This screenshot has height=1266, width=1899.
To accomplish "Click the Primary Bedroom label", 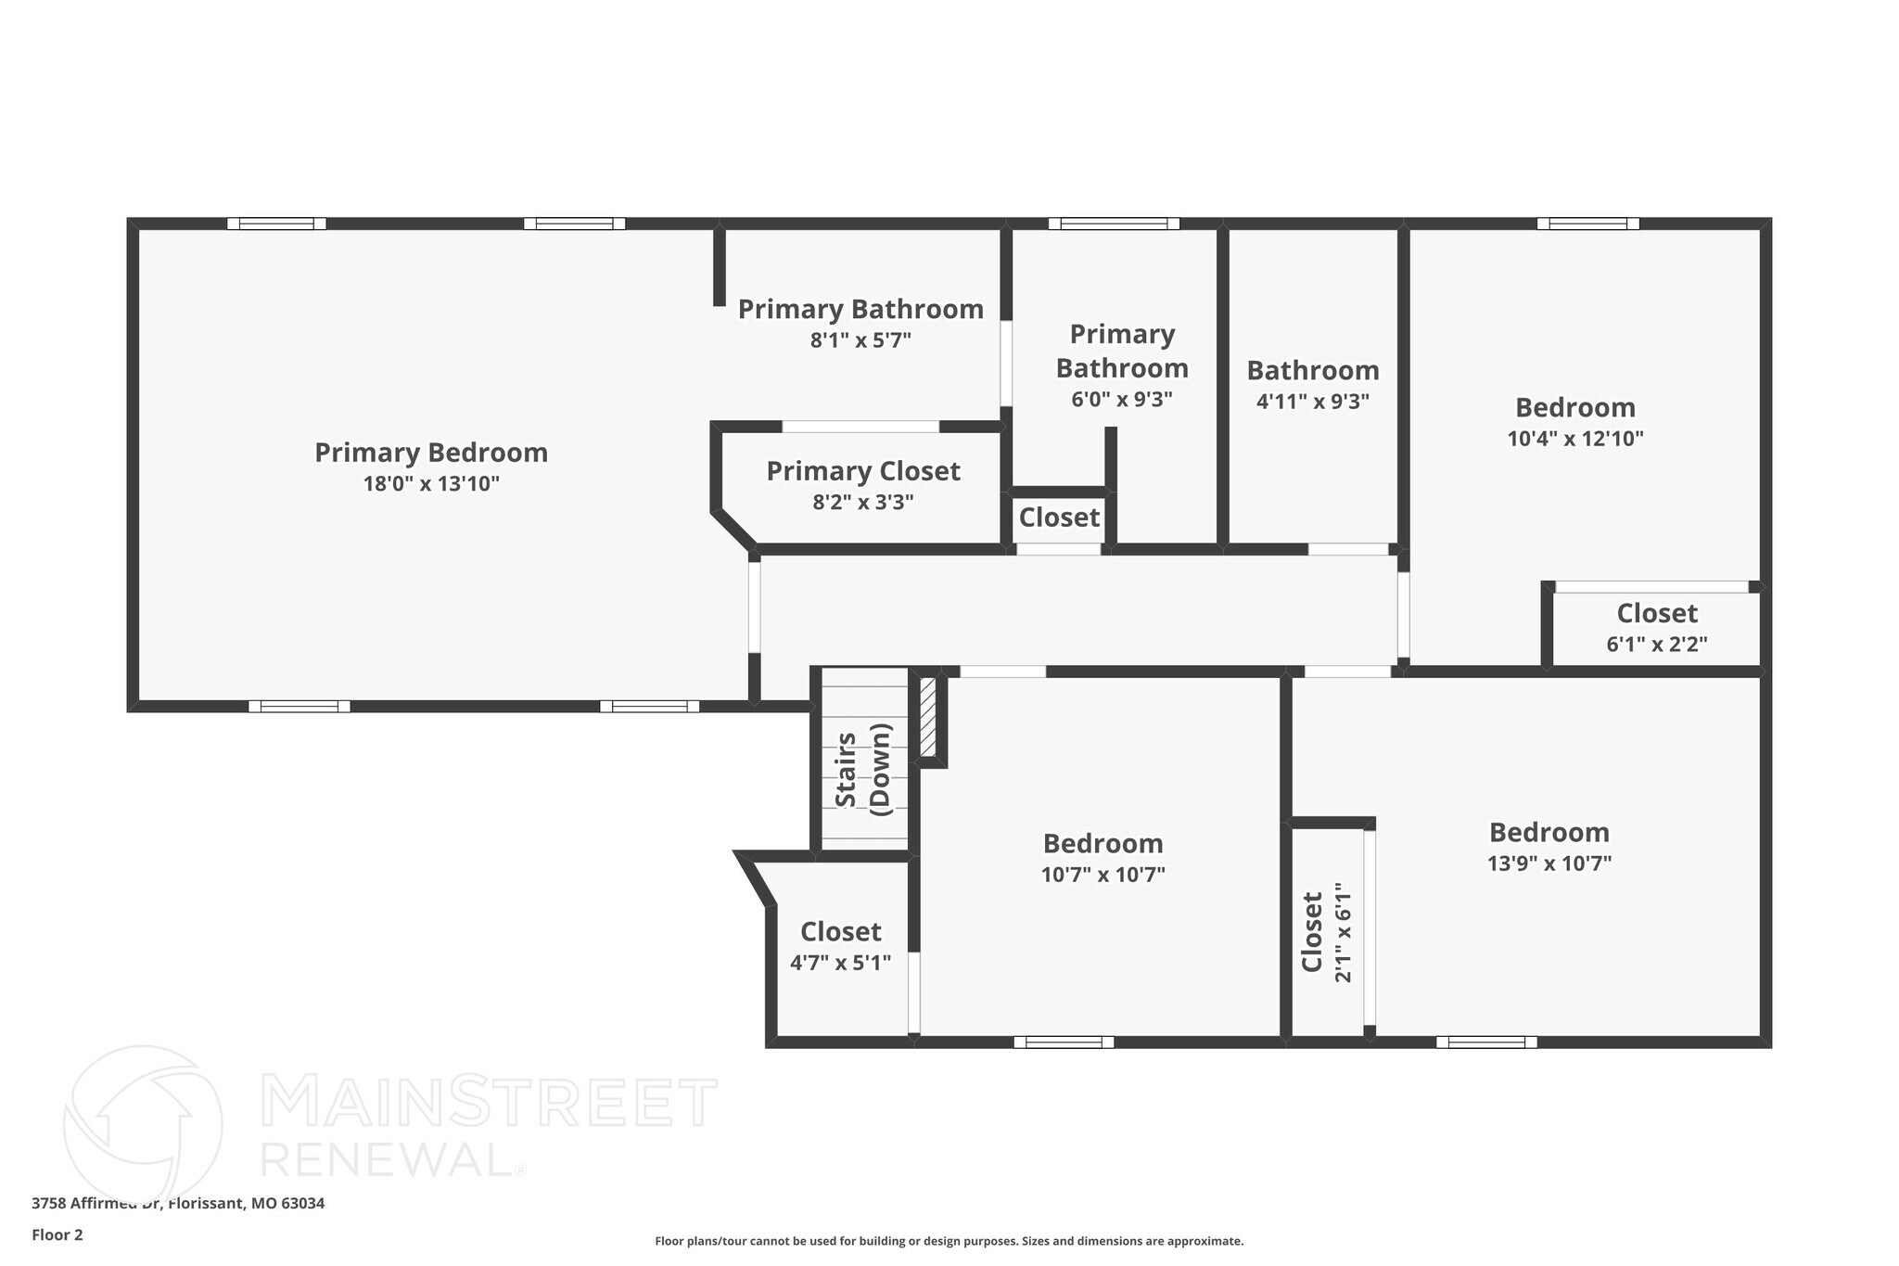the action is (431, 453).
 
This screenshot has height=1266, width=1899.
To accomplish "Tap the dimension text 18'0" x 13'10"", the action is (431, 483).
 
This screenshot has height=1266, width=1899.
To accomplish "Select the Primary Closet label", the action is (863, 471).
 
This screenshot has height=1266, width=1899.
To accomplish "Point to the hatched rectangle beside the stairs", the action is (927, 717).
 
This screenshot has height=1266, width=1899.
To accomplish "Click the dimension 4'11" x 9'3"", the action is (1313, 402).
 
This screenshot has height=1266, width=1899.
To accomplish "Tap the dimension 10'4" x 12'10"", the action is (1575, 439).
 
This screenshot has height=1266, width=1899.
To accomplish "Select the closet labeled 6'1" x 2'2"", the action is (1657, 628).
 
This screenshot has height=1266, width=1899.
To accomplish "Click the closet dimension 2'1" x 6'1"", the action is (1343, 932).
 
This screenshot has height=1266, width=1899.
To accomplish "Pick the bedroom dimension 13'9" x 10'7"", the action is (1549, 863).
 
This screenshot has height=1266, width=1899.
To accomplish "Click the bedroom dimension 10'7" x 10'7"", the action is (1102, 875).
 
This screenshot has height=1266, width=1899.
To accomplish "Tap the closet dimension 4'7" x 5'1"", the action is (840, 963).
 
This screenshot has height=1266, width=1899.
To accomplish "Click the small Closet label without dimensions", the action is (1059, 517).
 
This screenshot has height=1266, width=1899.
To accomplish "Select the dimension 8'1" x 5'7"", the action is (860, 340).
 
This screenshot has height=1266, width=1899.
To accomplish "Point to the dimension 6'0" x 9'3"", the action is (1122, 400).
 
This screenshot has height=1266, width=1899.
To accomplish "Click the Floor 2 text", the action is (57, 1234).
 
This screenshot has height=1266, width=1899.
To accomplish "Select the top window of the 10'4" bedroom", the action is (1587, 224).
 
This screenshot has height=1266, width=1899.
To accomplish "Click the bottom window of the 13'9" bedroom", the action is (1486, 1042).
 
